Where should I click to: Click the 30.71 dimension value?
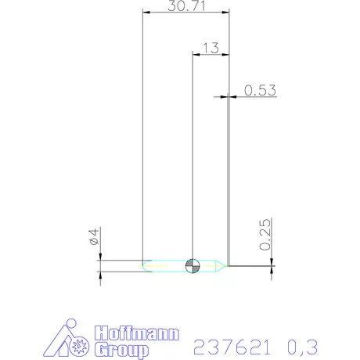pyautogui.click(x=186, y=7)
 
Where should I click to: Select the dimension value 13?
pyautogui.click(x=209, y=48)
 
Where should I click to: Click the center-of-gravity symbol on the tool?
pyautogui.click(x=193, y=266)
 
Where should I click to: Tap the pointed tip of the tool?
pyautogui.click(x=228, y=266)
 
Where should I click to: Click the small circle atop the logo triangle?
pyautogui.click(x=72, y=324)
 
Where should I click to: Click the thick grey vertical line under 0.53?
pyautogui.click(x=229, y=180)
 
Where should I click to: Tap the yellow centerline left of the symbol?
pyautogui.click(x=168, y=266)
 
